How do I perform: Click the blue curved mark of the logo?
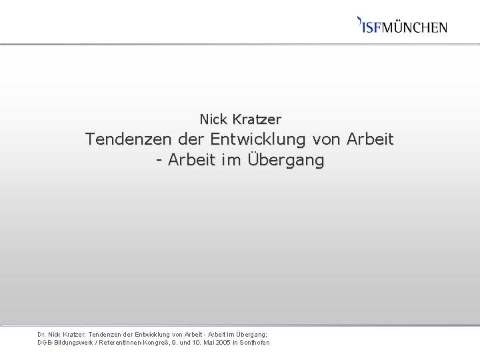360,20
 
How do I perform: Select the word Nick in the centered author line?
213,120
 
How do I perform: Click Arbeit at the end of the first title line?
371,140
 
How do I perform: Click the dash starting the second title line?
159,161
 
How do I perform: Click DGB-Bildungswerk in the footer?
65,343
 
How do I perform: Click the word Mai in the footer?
208,343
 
